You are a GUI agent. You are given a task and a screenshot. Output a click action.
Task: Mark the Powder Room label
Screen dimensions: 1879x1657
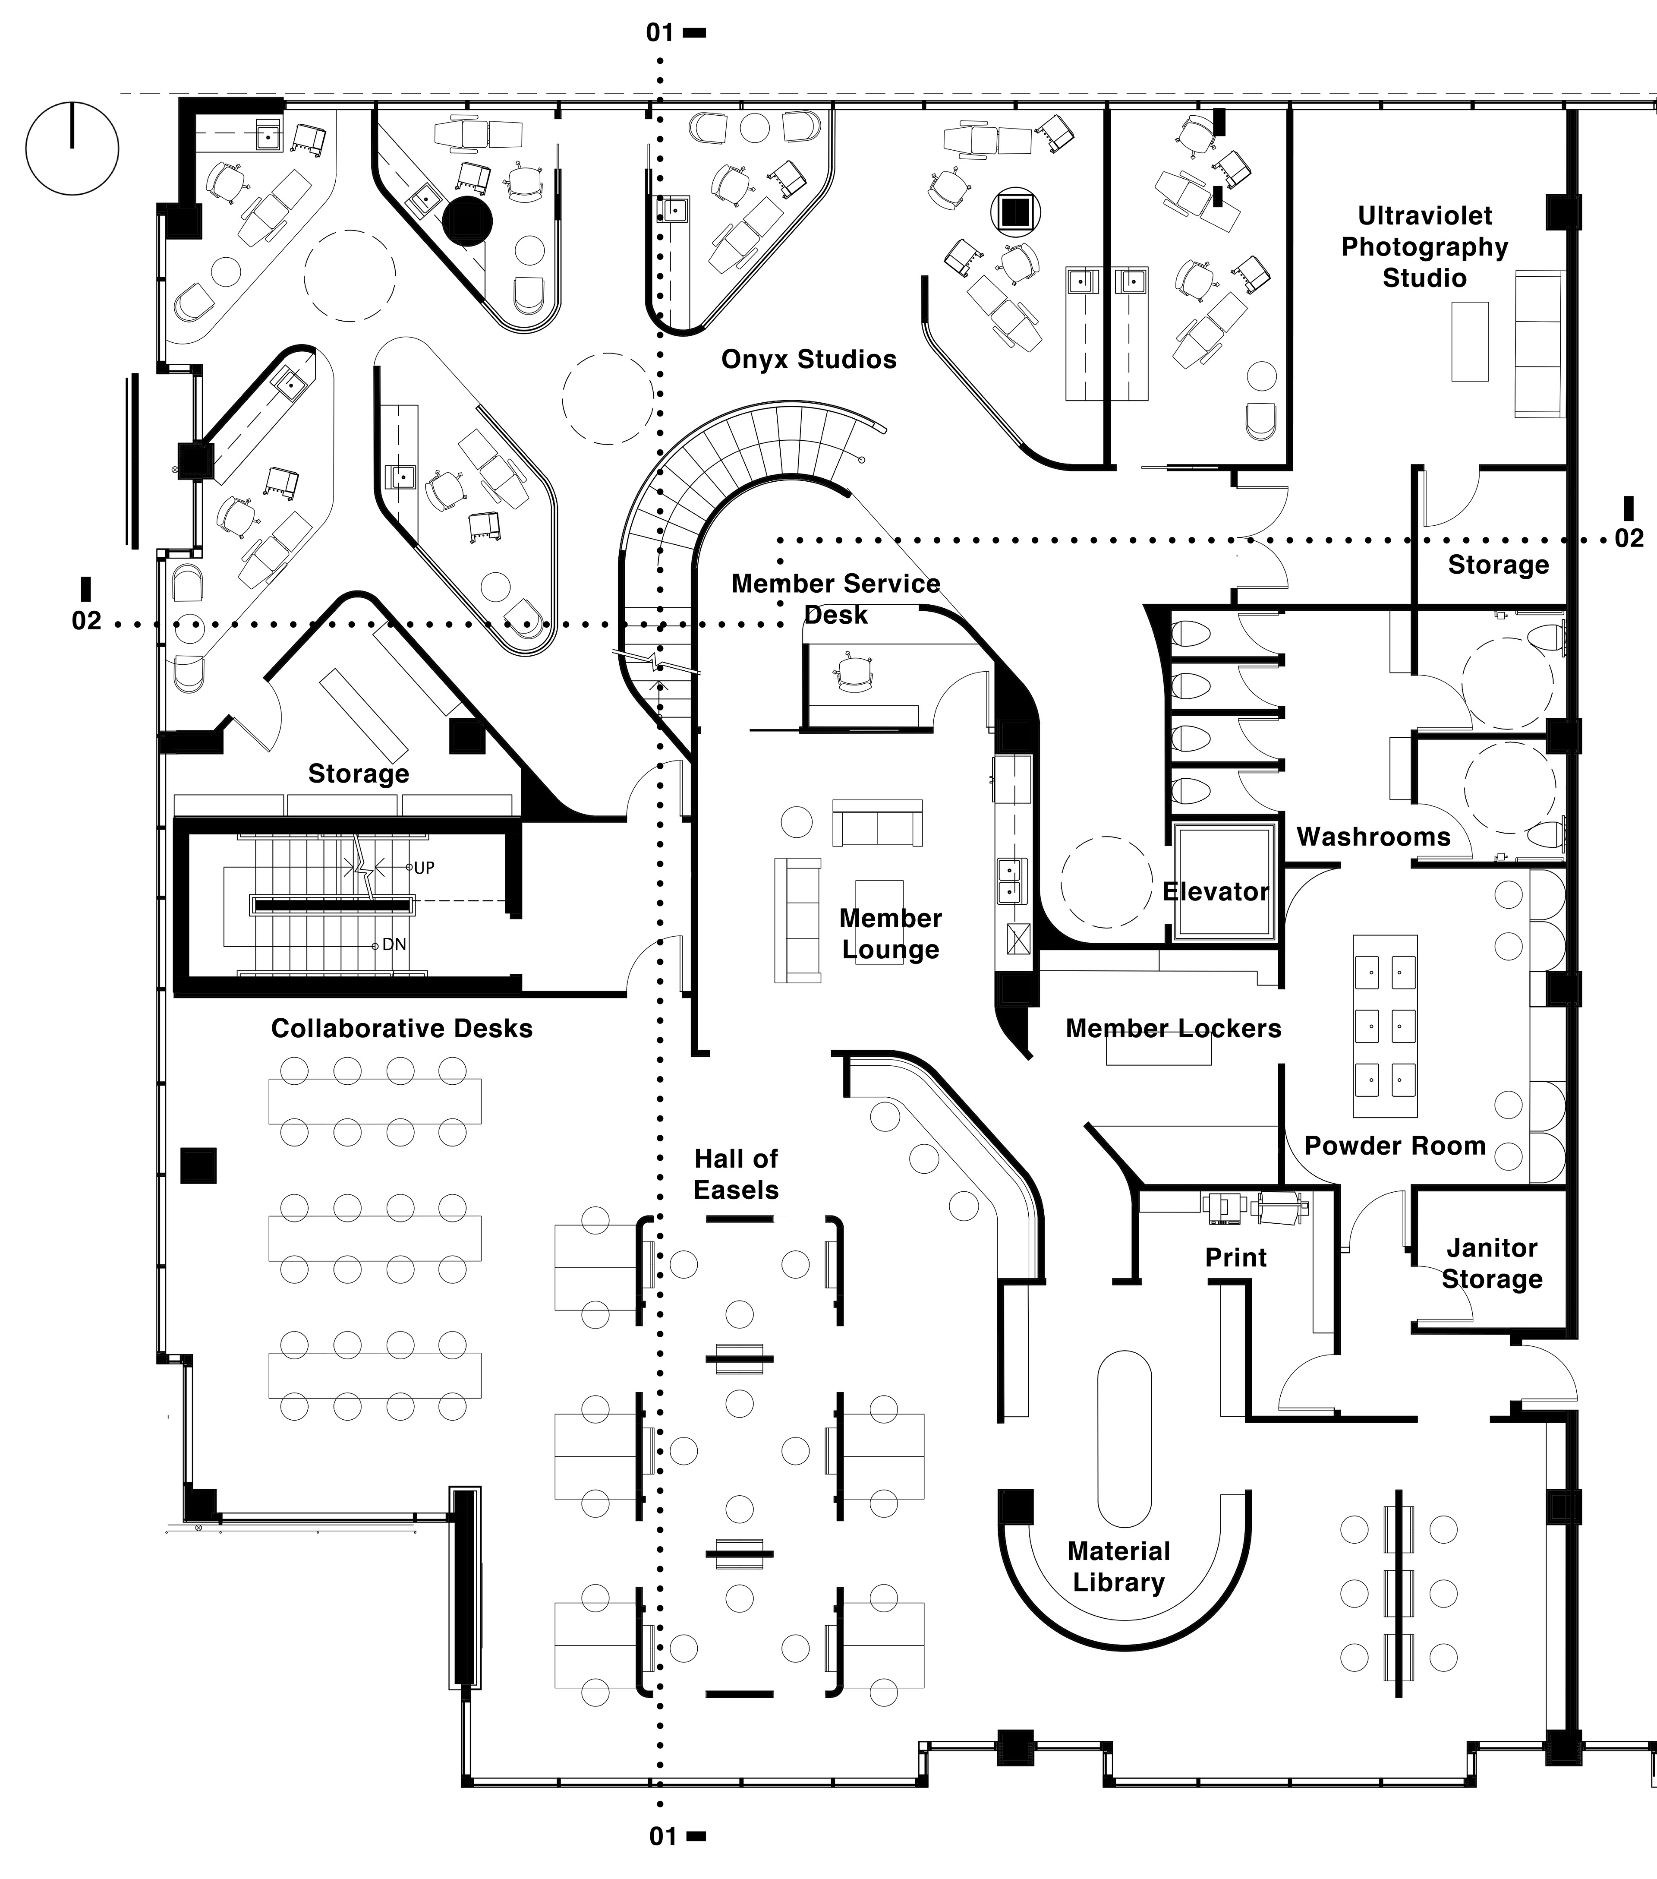click(x=1394, y=1146)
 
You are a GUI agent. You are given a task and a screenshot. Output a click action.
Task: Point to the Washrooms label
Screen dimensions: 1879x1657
click(x=1373, y=837)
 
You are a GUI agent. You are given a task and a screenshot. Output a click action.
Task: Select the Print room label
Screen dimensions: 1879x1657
click(x=1235, y=1257)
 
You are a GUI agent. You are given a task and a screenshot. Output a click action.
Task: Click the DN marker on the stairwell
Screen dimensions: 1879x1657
click(x=394, y=944)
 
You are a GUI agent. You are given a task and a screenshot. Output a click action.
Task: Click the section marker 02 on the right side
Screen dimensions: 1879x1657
click(x=1629, y=538)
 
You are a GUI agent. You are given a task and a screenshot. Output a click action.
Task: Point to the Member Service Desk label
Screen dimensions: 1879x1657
click(x=835, y=598)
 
